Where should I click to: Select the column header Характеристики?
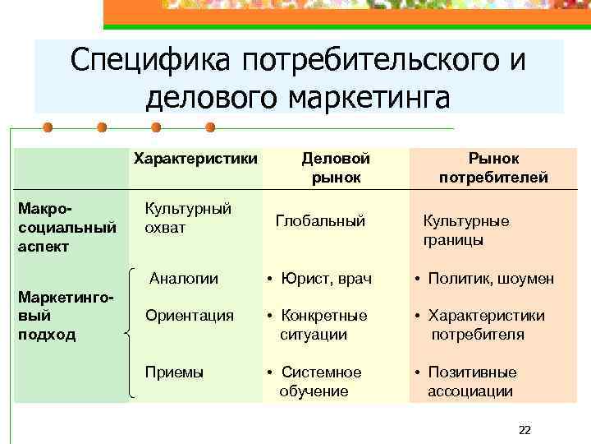pos(195,157)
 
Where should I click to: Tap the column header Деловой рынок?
pos(336,167)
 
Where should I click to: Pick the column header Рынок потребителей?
pos(493,167)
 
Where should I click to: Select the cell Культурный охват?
pos(188,218)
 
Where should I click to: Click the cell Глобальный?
pos(320,220)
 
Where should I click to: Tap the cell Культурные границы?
pos(465,230)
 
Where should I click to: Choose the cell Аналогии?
pos(184,279)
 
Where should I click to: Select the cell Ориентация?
pos(190,315)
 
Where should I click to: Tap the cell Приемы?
pos(174,372)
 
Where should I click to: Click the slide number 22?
pos(525,430)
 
